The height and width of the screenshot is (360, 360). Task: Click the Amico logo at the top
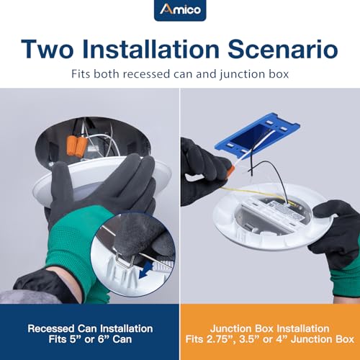(x=180, y=10)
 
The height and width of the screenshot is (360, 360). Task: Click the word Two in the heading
(x=47, y=50)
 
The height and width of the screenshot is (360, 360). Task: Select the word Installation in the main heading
(x=150, y=49)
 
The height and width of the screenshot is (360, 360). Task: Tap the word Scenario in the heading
(x=283, y=50)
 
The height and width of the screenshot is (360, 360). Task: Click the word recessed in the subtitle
(x=146, y=74)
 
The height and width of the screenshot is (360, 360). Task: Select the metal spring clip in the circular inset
(x=125, y=262)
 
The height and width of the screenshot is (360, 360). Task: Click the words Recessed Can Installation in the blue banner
(x=90, y=328)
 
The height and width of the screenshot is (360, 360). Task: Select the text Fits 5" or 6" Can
(x=90, y=339)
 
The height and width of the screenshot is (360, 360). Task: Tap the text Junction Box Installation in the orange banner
(x=270, y=328)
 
